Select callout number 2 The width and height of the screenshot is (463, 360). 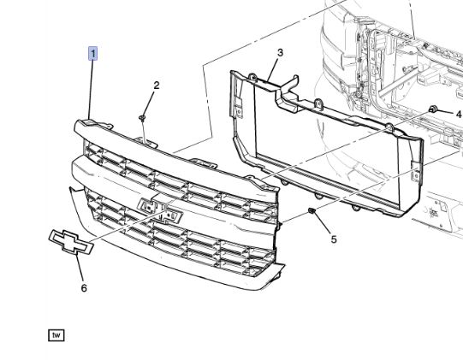point(157,85)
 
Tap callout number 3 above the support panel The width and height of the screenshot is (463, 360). point(279,53)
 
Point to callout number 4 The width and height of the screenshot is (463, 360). point(459,113)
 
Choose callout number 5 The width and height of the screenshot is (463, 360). point(333,239)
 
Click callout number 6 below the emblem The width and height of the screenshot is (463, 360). point(84,288)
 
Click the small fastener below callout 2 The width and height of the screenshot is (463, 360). point(144,116)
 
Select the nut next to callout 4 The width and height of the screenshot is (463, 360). point(434,110)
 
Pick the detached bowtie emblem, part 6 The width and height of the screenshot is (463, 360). point(68,243)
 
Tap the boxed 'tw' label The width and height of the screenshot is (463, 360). point(56,333)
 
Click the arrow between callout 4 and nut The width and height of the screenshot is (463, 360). point(446,113)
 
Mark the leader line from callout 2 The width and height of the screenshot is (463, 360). point(151,101)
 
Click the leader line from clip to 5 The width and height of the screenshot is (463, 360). point(324,224)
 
